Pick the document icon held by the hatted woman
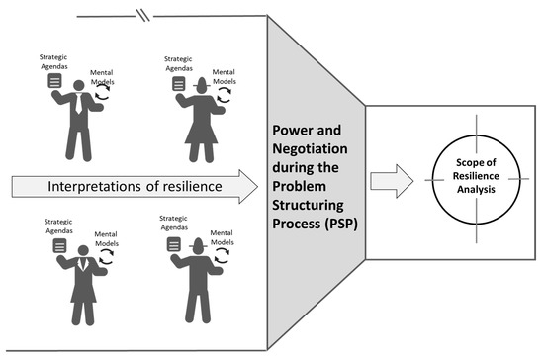pos(178,86)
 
